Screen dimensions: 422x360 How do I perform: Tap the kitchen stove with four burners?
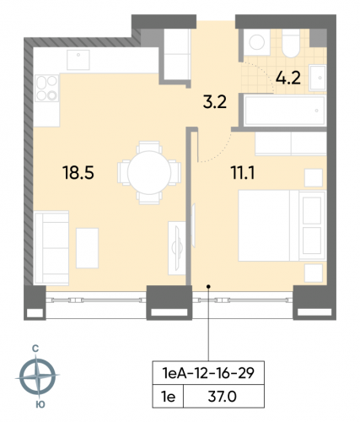46,87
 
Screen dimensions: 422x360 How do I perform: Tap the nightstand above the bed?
313,176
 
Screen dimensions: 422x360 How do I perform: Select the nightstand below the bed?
313,272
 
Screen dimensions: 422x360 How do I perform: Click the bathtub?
282,109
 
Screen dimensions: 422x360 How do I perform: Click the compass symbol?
39,376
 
